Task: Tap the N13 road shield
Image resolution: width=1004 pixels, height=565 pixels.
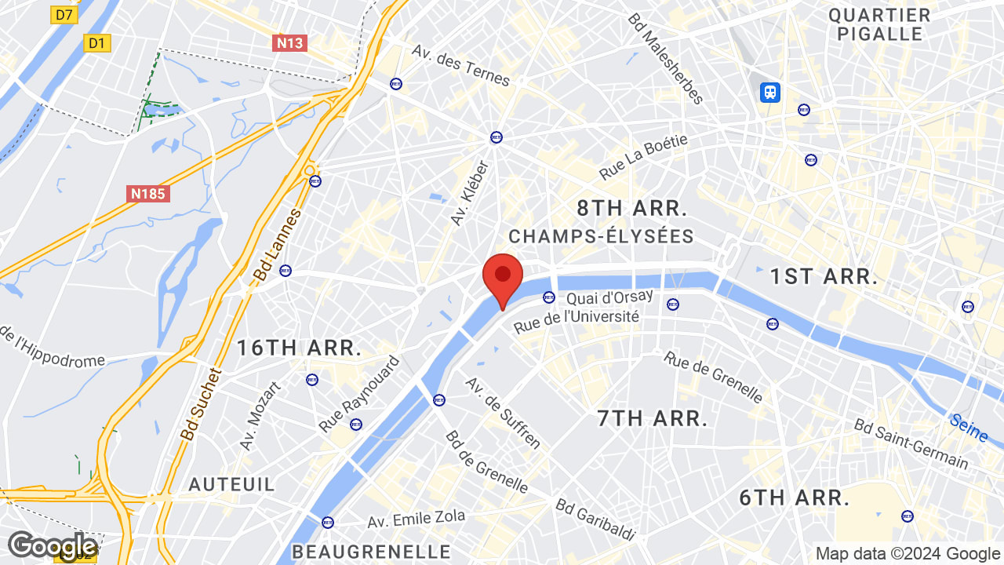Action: coord(289,43)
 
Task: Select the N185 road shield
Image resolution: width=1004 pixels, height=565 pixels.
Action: coord(147,193)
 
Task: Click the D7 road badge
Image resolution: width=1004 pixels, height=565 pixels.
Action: coord(64,15)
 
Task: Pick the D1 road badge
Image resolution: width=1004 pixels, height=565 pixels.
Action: coord(96,43)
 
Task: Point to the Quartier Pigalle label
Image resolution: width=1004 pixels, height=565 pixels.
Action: coord(879,24)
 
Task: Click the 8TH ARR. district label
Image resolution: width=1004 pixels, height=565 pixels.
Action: coord(631,209)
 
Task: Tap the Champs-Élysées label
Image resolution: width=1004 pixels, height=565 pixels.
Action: coord(601,236)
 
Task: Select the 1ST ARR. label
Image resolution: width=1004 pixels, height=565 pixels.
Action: coord(823,276)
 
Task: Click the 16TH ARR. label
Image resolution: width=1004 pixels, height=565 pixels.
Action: coord(300,348)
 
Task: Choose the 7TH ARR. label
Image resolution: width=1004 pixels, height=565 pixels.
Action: coord(653,418)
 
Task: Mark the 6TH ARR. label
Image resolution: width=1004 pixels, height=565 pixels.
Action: coord(795,498)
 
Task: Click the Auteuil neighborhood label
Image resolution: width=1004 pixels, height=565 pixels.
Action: coord(232,484)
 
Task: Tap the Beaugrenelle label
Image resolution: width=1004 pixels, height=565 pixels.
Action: coord(371,552)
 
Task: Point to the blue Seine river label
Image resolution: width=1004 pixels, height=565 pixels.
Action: coord(968,428)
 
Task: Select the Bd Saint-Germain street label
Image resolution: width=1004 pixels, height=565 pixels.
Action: coord(911,443)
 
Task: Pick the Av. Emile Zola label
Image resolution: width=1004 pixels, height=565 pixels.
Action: coord(417,519)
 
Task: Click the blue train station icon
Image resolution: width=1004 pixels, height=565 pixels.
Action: coord(769,93)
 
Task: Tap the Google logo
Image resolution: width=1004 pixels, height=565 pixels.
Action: coord(52,546)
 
